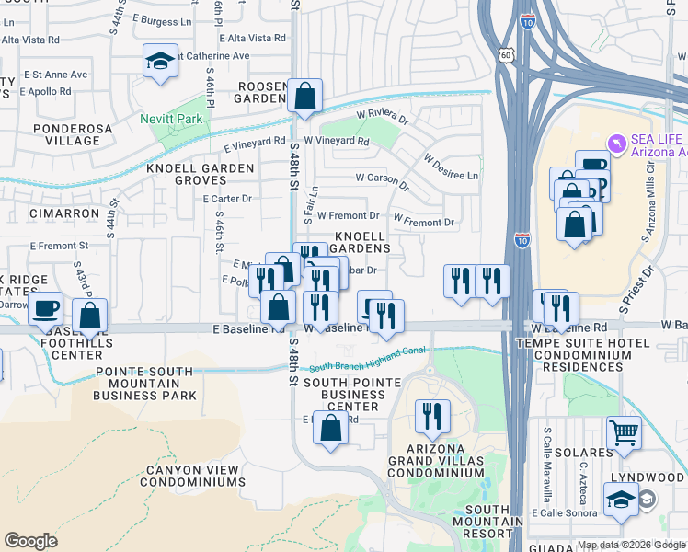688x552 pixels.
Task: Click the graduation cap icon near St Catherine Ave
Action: point(160,62)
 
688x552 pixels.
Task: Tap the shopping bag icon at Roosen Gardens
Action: point(304,96)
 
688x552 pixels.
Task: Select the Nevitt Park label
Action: point(171,120)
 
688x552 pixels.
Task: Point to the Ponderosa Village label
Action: point(66,134)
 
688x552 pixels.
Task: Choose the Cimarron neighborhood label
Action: point(63,213)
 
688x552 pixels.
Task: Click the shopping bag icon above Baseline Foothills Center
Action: point(90,316)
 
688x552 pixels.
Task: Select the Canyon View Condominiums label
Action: point(193,476)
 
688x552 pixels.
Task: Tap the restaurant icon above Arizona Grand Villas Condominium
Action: point(430,417)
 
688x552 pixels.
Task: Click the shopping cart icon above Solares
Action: point(624,431)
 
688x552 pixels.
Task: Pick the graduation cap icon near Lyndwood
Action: point(621,500)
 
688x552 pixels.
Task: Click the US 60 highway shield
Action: point(507,56)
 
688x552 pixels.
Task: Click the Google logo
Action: point(30,541)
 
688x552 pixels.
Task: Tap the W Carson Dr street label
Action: point(382,179)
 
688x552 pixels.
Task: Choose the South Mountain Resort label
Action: point(487,521)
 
